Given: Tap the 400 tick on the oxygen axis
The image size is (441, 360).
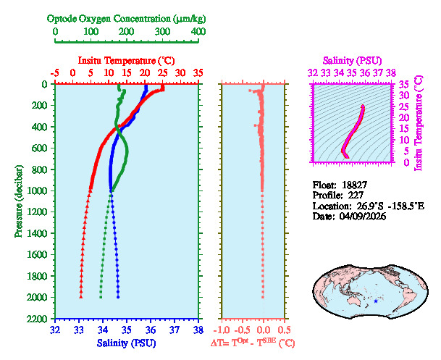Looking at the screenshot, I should coord(198,32).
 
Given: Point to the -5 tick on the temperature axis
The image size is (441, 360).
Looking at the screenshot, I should coord(55,73).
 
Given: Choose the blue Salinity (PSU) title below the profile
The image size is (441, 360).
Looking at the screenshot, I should coord(127,342).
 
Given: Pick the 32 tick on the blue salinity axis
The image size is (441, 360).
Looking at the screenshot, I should coord(55,330).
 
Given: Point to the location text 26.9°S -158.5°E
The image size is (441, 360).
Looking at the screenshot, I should coord(383,206).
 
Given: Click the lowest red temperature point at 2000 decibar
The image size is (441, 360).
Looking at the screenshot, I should coord(80,297).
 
